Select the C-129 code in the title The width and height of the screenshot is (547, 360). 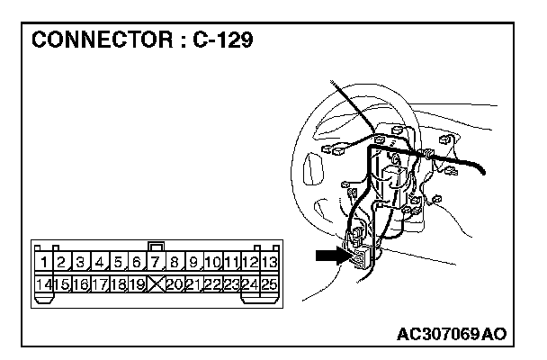[x=222, y=40]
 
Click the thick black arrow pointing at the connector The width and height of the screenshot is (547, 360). [x=330, y=257]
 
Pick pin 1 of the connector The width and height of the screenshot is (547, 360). [x=43, y=264]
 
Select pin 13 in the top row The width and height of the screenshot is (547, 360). [x=268, y=264]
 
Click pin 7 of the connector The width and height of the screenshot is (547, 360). [x=155, y=264]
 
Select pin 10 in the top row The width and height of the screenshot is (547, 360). [x=211, y=264]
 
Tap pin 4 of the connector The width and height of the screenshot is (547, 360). [x=99, y=264]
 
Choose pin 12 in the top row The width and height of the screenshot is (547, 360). [x=249, y=264]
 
